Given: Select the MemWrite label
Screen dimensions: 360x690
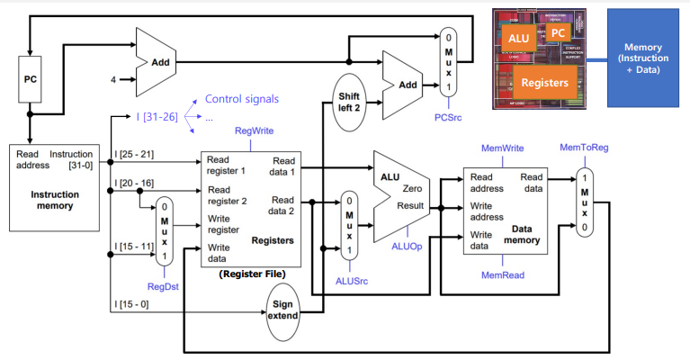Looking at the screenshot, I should (x=496, y=147).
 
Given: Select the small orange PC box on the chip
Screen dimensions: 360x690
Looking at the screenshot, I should (x=559, y=33).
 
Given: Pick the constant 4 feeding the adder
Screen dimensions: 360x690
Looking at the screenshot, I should (x=114, y=79).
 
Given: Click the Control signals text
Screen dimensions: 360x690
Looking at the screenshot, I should (x=242, y=98).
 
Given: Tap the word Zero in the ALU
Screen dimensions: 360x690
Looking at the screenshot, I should (x=411, y=190).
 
